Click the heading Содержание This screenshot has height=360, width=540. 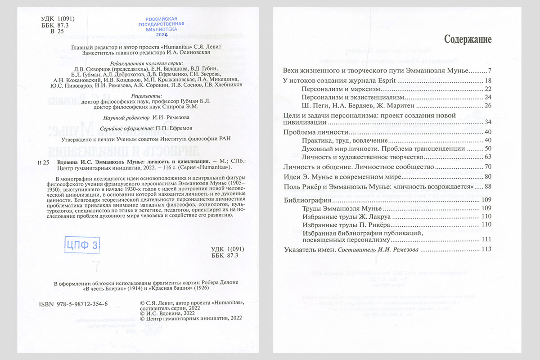coord(468,39)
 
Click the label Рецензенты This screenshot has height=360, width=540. coord(147,96)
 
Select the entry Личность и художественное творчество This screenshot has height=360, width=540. coord(363,157)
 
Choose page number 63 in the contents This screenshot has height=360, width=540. coord(487,157)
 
